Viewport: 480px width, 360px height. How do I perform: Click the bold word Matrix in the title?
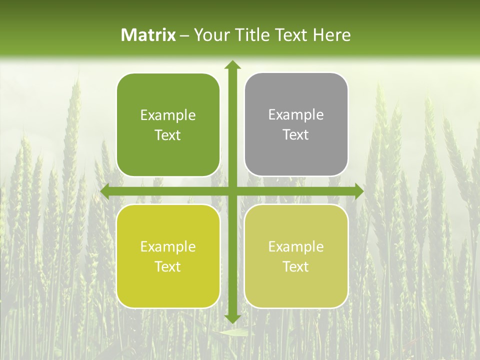pyautogui.click(x=148, y=35)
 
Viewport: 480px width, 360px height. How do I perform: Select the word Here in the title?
pyautogui.click(x=331, y=35)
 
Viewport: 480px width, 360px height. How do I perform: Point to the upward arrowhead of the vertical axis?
pyautogui.click(x=232, y=64)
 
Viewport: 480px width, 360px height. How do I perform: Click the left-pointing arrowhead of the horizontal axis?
pyautogui.click(x=105, y=191)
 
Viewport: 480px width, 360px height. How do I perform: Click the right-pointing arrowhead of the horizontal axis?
pyautogui.click(x=359, y=191)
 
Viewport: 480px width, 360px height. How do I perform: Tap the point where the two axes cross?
pyautogui.click(x=232, y=191)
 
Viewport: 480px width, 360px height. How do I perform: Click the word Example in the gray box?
pyautogui.click(x=296, y=115)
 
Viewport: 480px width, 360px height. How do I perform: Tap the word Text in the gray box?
pyautogui.click(x=296, y=135)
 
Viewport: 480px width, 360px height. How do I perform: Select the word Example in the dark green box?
pyautogui.click(x=168, y=115)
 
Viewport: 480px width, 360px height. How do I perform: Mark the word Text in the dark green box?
pyautogui.click(x=168, y=135)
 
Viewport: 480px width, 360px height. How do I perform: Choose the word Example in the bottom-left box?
pyautogui.click(x=168, y=247)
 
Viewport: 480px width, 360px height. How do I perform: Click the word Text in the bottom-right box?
pyautogui.click(x=296, y=267)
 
